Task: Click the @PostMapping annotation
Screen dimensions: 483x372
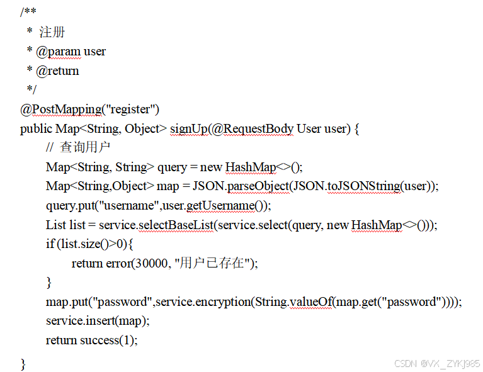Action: (x=60, y=109)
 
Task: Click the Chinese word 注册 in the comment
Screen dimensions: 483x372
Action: (x=52, y=32)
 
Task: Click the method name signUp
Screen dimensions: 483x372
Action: (x=188, y=128)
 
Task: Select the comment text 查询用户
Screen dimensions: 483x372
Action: (x=86, y=148)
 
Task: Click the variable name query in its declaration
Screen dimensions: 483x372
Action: (x=172, y=167)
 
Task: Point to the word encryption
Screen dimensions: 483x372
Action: (x=220, y=302)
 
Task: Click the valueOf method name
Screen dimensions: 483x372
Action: (x=310, y=302)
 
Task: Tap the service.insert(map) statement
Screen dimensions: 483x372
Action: (x=98, y=321)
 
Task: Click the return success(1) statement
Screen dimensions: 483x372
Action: (x=91, y=341)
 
